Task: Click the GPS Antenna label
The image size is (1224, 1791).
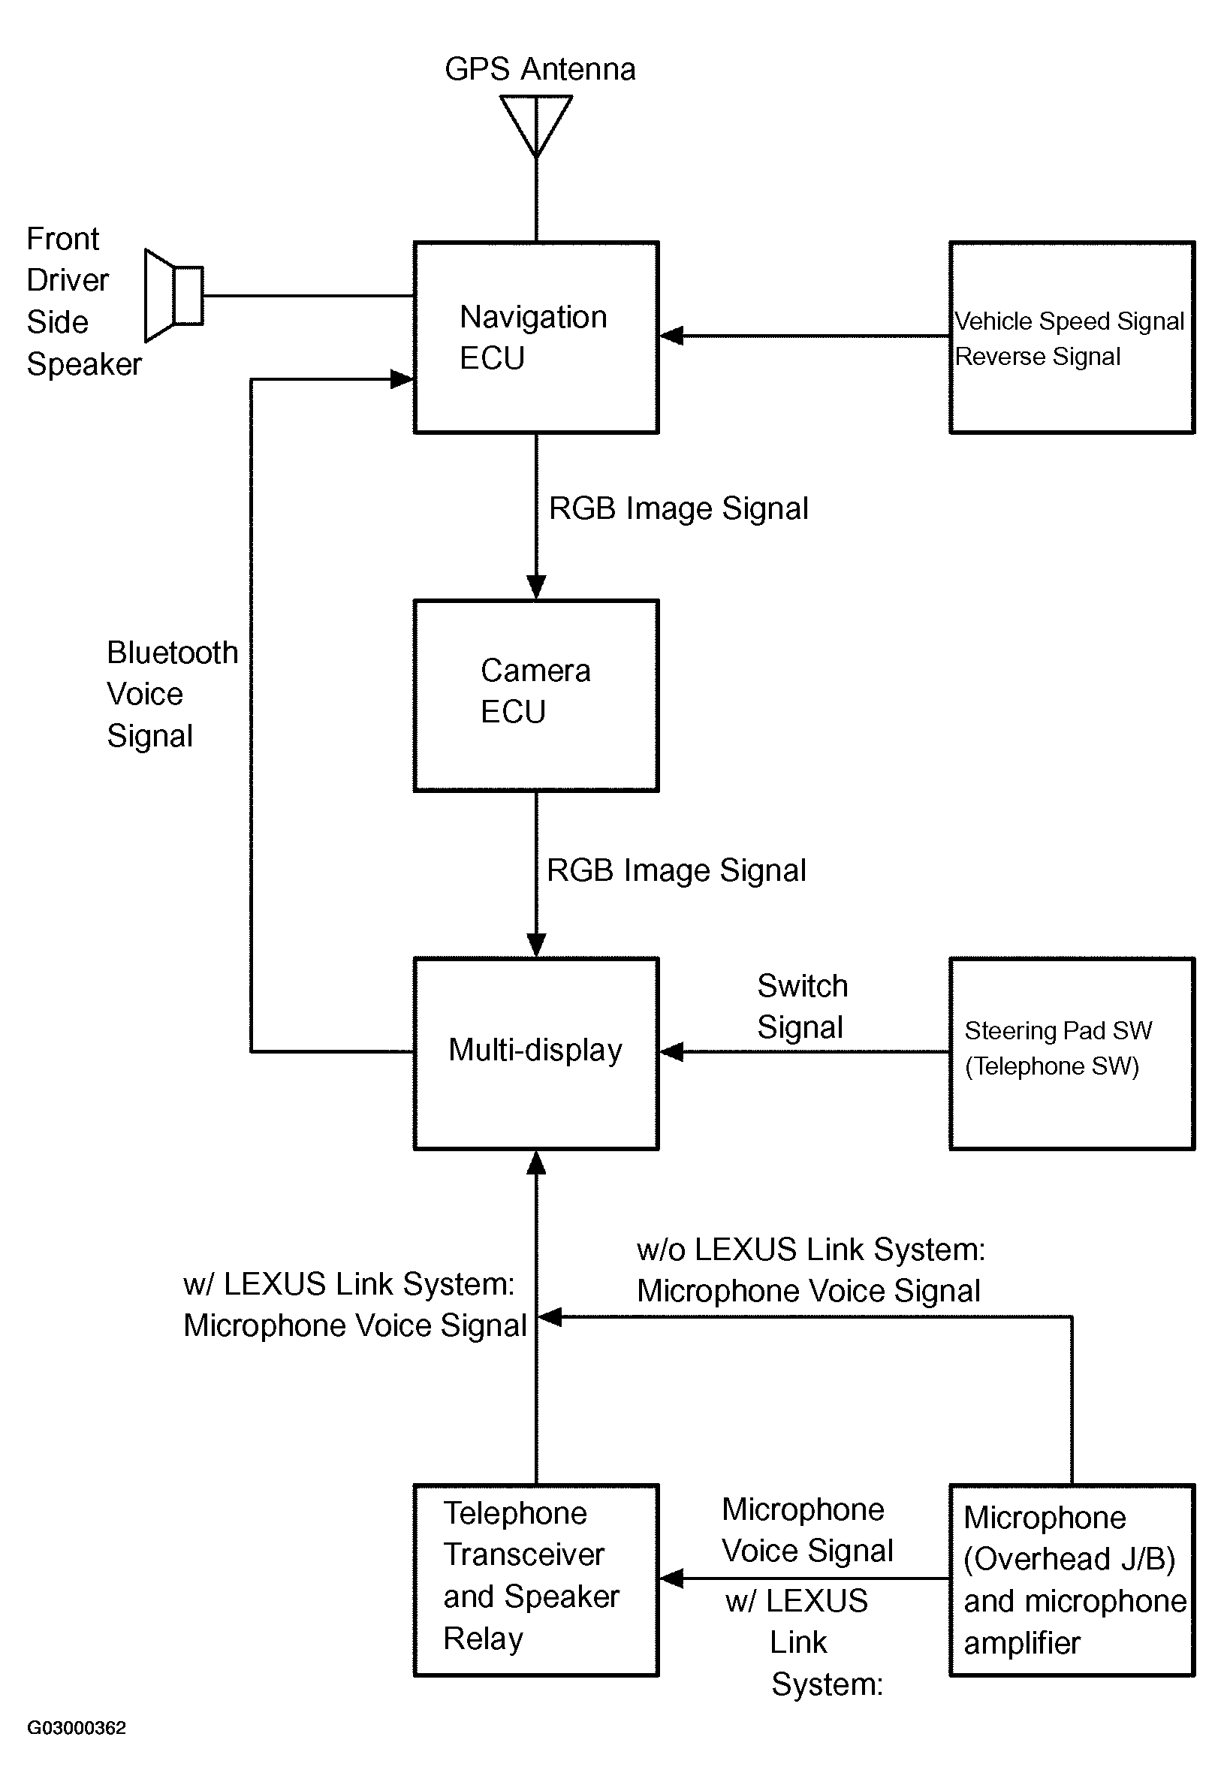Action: click(x=541, y=69)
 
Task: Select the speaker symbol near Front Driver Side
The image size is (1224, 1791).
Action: click(x=174, y=295)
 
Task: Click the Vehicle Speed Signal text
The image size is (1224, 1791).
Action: click(x=1070, y=321)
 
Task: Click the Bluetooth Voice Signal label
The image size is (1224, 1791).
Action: click(x=173, y=694)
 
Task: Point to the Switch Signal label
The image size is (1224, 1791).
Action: click(x=803, y=1006)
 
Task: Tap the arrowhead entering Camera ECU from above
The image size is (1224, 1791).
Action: click(x=536, y=587)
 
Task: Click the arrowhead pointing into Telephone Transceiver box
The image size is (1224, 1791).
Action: click(x=671, y=1578)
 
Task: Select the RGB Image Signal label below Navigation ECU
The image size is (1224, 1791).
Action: click(x=678, y=508)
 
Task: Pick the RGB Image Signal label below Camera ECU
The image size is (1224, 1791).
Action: click(x=676, y=871)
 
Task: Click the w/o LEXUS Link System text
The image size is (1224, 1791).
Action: click(x=811, y=1250)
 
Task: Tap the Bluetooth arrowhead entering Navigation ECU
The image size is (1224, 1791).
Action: click(x=402, y=379)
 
